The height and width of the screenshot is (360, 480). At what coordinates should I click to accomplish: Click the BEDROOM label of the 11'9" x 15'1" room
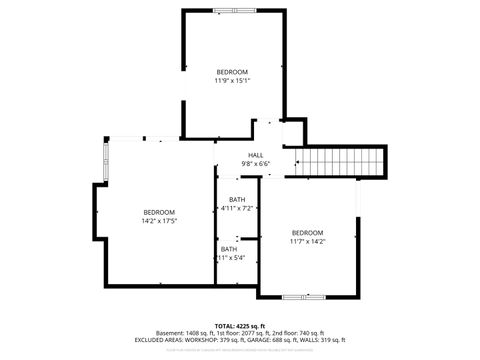click(232, 72)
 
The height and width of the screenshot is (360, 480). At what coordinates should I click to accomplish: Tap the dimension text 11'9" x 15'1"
click(232, 81)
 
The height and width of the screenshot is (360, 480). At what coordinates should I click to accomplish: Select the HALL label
click(255, 155)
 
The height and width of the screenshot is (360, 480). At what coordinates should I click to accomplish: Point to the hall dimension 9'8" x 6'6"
click(255, 164)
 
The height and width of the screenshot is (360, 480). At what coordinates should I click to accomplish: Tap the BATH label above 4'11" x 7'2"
click(237, 199)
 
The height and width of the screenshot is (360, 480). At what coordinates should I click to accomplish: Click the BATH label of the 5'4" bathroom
click(229, 249)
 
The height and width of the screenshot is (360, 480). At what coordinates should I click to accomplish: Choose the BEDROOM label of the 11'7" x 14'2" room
click(307, 232)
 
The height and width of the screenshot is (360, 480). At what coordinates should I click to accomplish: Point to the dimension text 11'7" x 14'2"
click(307, 241)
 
